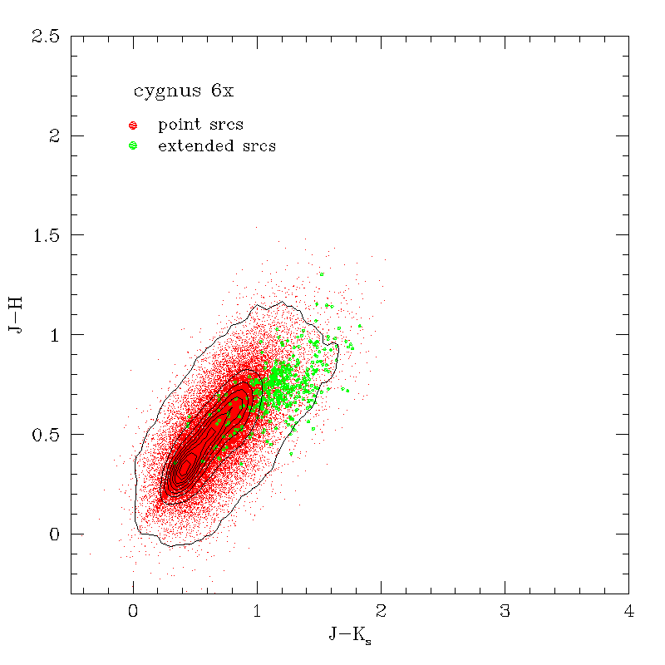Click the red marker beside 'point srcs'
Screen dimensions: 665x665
point(132,126)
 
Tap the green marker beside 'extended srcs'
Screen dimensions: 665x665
point(132,146)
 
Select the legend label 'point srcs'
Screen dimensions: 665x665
point(200,125)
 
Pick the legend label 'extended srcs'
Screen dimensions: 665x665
point(216,146)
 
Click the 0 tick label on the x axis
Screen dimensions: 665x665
point(133,612)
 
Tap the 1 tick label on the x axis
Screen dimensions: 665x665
point(257,612)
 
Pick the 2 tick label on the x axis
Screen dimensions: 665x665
point(381,612)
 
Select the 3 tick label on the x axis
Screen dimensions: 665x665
point(505,612)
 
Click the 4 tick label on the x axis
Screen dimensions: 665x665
point(628,612)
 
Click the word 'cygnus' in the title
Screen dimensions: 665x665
point(162,91)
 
